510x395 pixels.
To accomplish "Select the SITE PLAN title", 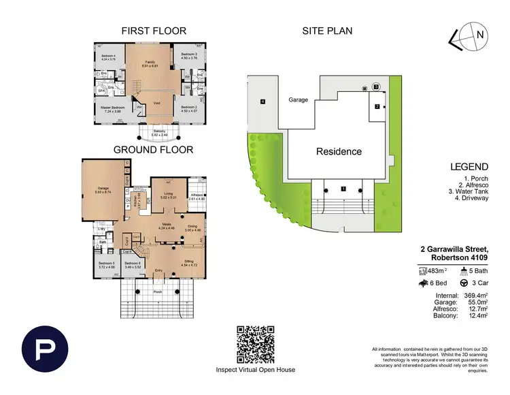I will [x=327, y=31].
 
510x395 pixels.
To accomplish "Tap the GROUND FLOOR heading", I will [x=153, y=149].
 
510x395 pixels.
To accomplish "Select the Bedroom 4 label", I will [x=109, y=56].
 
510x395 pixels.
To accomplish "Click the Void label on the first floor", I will [x=156, y=104].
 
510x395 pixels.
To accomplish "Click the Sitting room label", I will [x=190, y=260].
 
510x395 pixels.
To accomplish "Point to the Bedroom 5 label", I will [x=106, y=264].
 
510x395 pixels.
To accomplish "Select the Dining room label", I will [x=192, y=227].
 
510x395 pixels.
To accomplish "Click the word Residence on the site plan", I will [x=338, y=151].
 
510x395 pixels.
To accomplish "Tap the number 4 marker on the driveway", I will [x=261, y=102].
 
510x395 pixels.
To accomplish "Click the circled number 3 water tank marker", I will [x=375, y=87].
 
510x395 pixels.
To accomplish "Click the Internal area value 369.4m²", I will [x=476, y=296].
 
